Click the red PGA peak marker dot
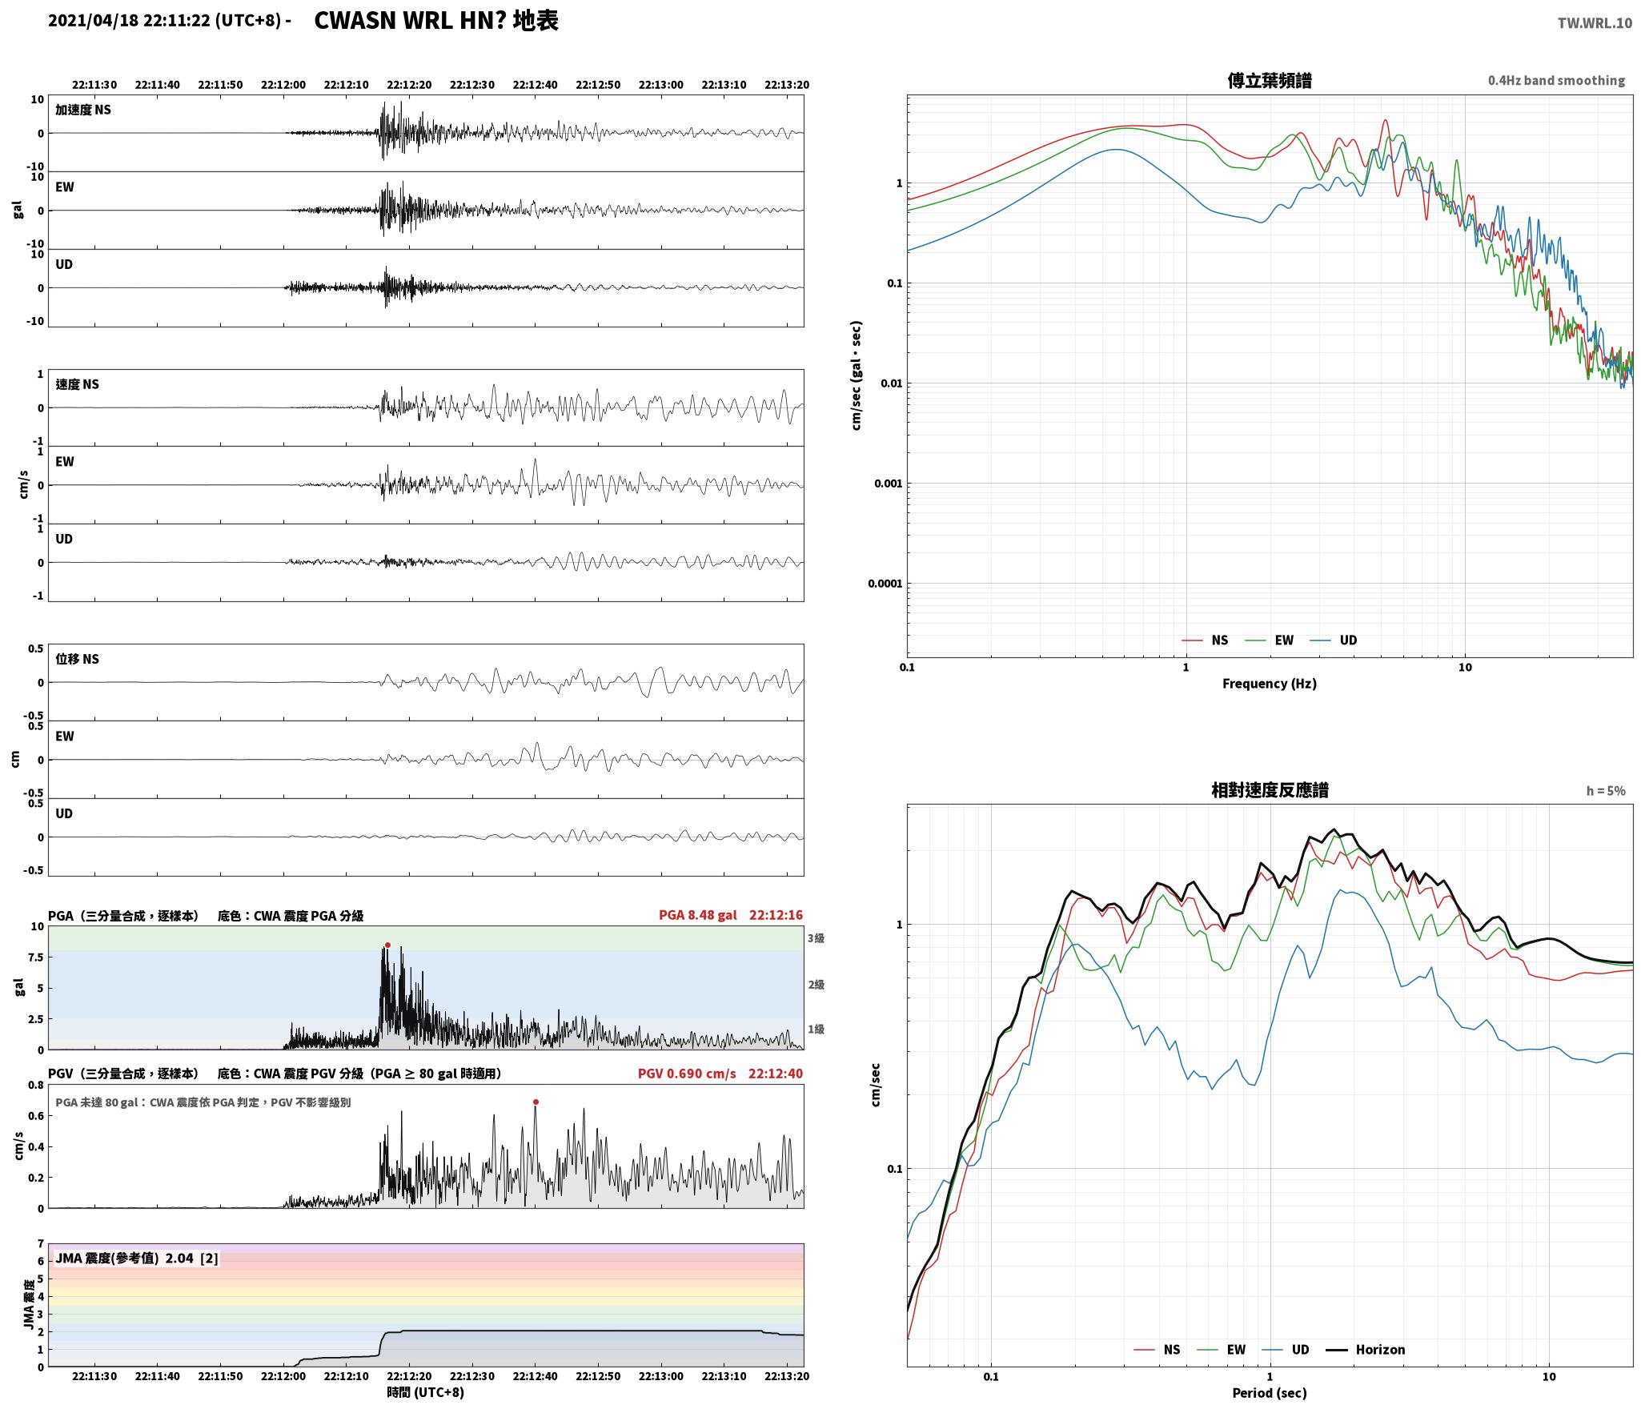387,945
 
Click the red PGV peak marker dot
536,1102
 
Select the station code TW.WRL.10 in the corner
1594,23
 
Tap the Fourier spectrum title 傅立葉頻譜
1270,80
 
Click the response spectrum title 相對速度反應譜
1270,790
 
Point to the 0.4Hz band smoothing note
1556,81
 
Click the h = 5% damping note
1606,791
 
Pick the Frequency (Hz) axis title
1270,683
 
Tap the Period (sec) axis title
1270,1392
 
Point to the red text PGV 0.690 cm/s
687,1074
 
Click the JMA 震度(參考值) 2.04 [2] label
137,1258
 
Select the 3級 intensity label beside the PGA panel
816,938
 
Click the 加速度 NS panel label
83,110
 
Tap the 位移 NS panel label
78,659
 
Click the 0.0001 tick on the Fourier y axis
885,584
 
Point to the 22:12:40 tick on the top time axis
535,85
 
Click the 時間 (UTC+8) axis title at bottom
426,1392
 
